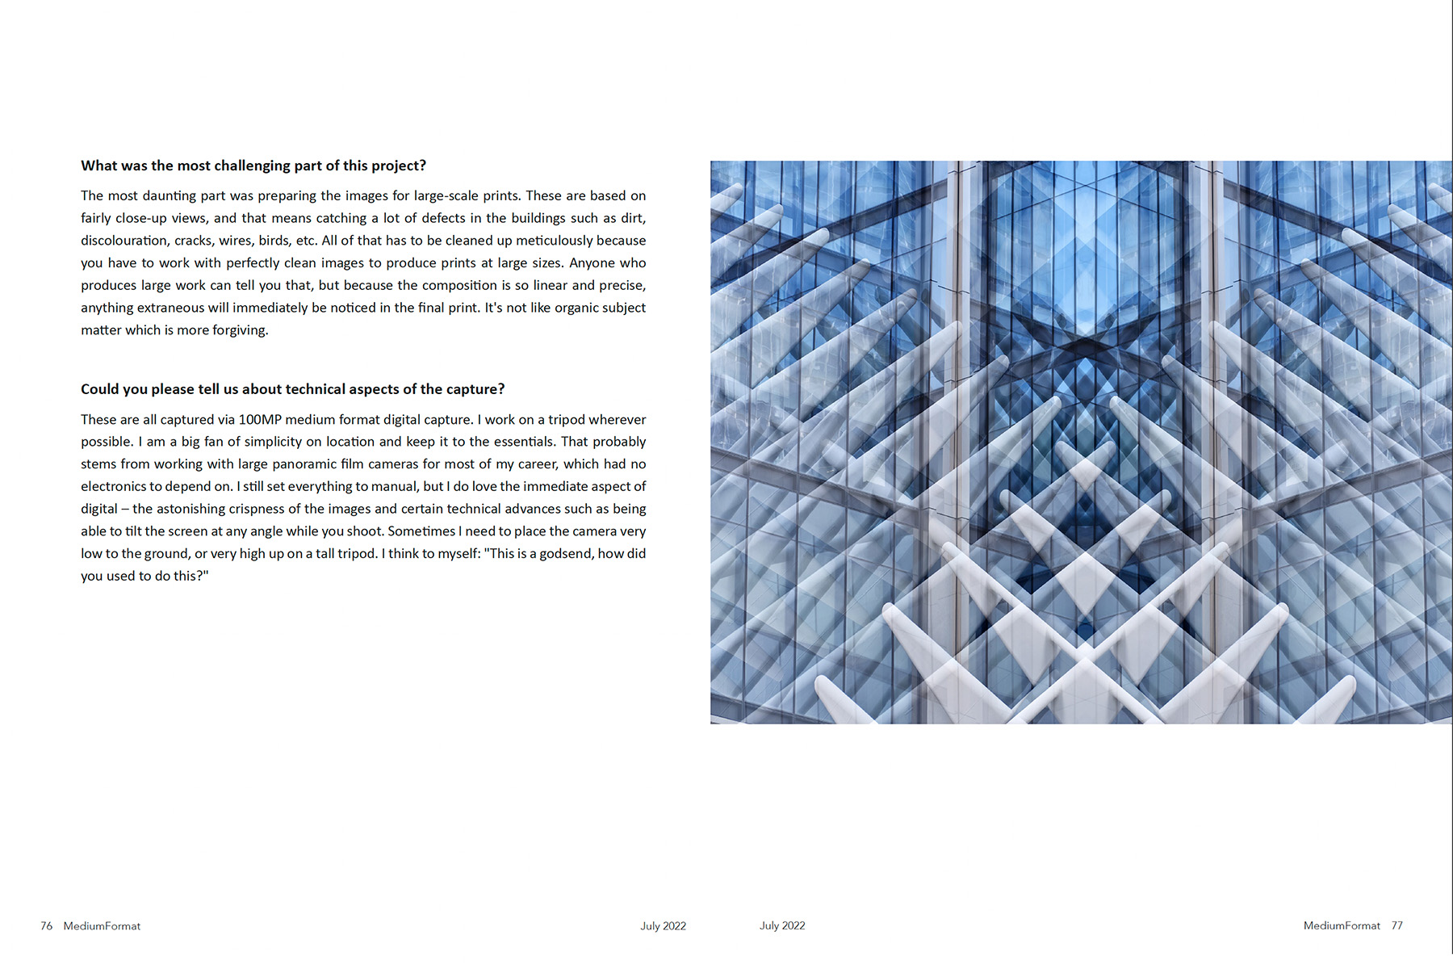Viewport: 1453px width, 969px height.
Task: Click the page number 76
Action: click(46, 925)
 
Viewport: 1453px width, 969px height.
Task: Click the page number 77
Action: click(1396, 925)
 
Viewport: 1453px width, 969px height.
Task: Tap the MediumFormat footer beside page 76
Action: click(102, 925)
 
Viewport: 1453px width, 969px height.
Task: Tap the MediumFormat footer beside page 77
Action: click(1342, 925)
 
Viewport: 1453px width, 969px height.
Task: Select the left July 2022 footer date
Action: click(663, 925)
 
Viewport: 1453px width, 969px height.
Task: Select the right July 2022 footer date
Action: click(782, 925)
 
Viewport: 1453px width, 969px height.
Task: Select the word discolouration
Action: click(124, 241)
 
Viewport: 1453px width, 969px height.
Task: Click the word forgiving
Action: click(240, 330)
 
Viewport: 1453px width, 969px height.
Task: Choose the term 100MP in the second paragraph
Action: click(260, 420)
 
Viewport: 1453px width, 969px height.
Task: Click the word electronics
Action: click(113, 486)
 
